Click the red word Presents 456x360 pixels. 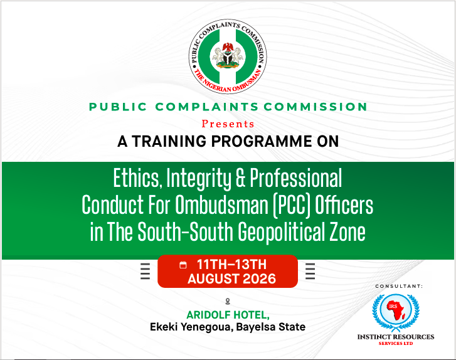coord(228,124)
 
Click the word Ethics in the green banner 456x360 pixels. coord(136,178)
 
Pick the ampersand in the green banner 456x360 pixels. coord(240,178)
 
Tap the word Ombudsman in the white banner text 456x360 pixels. coord(221,204)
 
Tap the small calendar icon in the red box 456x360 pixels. coord(183,265)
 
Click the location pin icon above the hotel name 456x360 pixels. coord(228,302)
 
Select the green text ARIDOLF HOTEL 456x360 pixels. coord(228,315)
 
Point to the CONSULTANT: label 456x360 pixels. coord(399,287)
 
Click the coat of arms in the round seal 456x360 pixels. coord(228,56)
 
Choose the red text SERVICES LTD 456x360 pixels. coord(396,344)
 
